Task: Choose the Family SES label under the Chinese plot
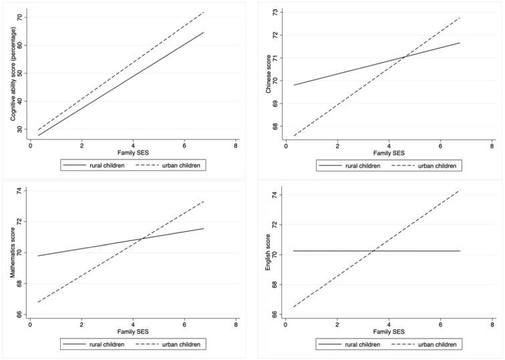pos(389,154)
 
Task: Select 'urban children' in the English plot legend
pos(438,345)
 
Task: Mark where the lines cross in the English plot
pos(373,251)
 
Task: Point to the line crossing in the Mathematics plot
pos(143,238)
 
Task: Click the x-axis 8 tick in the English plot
pos(492,325)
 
